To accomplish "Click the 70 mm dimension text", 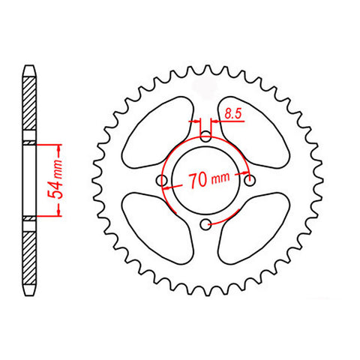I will click(x=208, y=180).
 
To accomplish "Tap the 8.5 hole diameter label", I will click(x=231, y=115).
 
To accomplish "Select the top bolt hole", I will click(x=206, y=137).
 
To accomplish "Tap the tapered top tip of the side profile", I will click(x=29, y=67).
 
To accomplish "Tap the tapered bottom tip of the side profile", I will click(x=29, y=292).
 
